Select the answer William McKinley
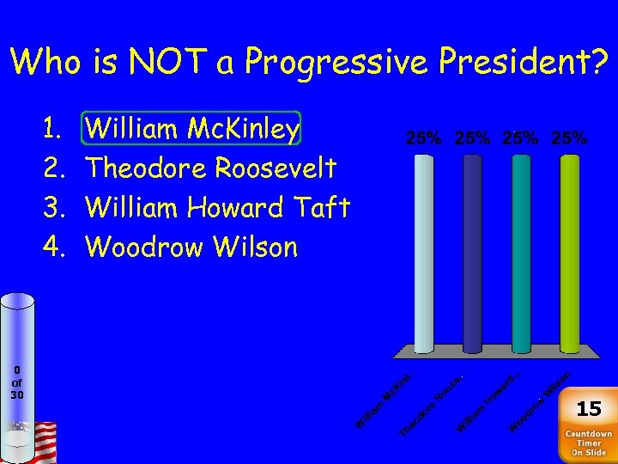coord(193,130)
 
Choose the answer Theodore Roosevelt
coord(211,168)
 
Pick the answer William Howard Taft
coord(218,208)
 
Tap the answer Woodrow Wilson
coord(192,247)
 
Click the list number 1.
coord(51,130)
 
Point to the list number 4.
coord(51,247)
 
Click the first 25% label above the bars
coord(425,137)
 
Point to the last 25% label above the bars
coord(569,137)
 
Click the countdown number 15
coord(589,408)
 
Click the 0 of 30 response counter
coord(17,382)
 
